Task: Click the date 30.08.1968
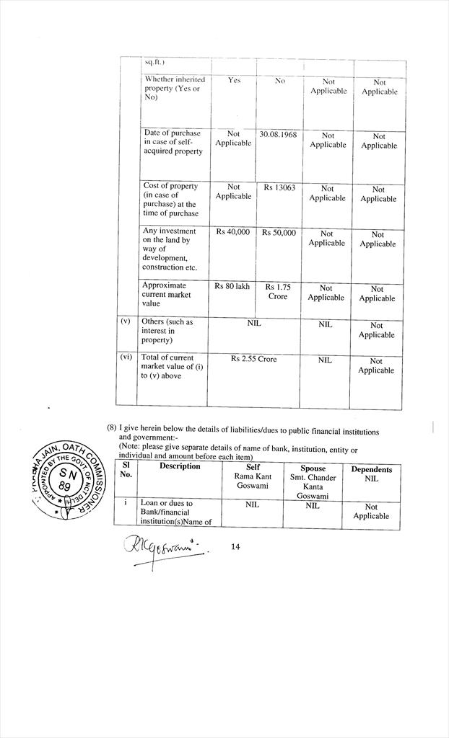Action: click(278, 134)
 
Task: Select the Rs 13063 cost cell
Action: click(278, 187)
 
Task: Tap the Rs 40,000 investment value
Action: click(232, 232)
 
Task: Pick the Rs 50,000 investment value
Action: click(279, 233)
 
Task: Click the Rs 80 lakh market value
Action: click(232, 287)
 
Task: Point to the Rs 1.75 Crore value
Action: click(278, 291)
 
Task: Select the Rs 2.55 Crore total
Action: click(253, 358)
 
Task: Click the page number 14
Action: click(235, 547)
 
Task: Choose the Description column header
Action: click(180, 466)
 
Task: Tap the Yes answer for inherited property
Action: click(234, 81)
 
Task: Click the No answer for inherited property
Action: click(280, 81)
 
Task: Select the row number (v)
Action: click(126, 321)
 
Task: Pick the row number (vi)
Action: click(126, 357)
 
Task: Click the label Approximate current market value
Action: click(167, 294)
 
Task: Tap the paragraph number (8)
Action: click(112, 427)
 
